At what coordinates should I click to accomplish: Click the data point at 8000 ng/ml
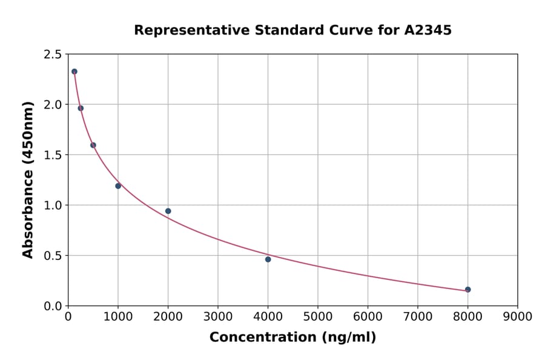[x=467, y=290]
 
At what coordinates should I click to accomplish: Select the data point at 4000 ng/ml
[x=268, y=259]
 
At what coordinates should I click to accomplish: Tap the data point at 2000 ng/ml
[x=168, y=211]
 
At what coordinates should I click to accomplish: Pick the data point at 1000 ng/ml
[x=118, y=186]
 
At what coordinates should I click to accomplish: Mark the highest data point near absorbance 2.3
[x=74, y=72]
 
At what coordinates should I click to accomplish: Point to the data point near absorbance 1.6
[x=93, y=145]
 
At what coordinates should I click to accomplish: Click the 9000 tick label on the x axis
[x=517, y=316]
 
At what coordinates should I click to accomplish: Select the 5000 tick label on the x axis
[x=317, y=316]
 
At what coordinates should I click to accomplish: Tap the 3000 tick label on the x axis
[x=217, y=316]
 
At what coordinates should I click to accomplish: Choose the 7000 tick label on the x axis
[x=417, y=316]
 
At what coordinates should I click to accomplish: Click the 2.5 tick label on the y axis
[x=52, y=55]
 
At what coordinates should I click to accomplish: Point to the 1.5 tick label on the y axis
[x=52, y=155]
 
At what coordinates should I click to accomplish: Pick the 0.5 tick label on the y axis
[x=52, y=256]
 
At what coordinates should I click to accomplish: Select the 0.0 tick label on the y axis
[x=52, y=306]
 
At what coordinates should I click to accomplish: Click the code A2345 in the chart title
[x=428, y=30]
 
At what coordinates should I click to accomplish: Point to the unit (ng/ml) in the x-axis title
[x=349, y=338]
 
